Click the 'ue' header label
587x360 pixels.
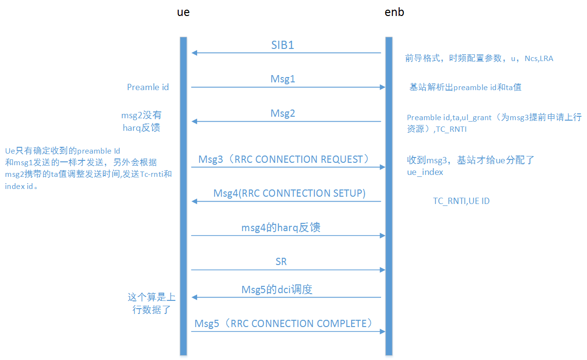pyautogui.click(x=183, y=13)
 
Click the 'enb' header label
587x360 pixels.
pyautogui.click(x=394, y=13)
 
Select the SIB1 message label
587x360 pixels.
pyautogui.click(x=282, y=46)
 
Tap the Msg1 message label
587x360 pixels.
pyautogui.click(x=283, y=78)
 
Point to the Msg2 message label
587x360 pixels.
pyautogui.click(x=283, y=113)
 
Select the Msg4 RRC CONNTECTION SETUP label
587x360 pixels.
pyautogui.click(x=289, y=193)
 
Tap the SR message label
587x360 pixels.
pyautogui.click(x=281, y=262)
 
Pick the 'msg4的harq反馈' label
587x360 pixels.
pyautogui.click(x=281, y=227)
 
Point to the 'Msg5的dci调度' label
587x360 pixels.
pyautogui.click(x=277, y=290)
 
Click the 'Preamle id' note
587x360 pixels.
pyautogui.click(x=148, y=87)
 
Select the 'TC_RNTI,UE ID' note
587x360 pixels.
pyautogui.click(x=461, y=201)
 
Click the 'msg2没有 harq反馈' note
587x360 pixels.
pyautogui.click(x=141, y=122)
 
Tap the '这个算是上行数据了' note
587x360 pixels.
pyautogui.click(x=152, y=303)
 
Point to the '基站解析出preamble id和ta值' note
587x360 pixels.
pyautogui.click(x=465, y=87)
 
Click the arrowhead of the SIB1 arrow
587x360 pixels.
pyautogui.click(x=194, y=53)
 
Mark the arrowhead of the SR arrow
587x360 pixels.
pyautogui.click(x=382, y=269)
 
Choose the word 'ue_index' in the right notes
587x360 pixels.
pyautogui.click(x=425, y=172)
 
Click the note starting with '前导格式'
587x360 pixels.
pyautogui.click(x=479, y=59)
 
